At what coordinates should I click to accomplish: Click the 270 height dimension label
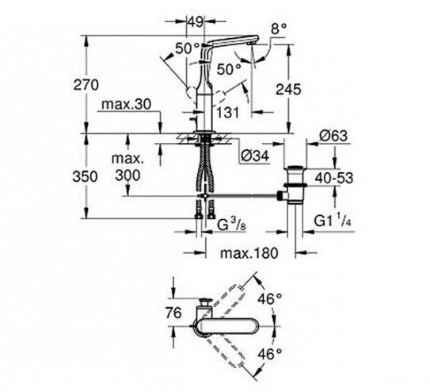(x=86, y=85)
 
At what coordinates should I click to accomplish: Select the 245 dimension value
(x=288, y=90)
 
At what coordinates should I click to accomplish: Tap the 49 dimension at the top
(x=195, y=21)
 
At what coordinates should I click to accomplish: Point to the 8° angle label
(x=279, y=29)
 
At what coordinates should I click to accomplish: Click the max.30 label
(x=126, y=105)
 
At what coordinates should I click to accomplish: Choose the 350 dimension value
(x=85, y=176)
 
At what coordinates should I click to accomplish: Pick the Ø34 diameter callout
(x=255, y=156)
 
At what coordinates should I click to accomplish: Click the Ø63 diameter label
(x=333, y=136)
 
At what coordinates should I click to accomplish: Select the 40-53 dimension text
(x=334, y=178)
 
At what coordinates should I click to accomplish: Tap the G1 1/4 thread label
(x=333, y=221)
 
